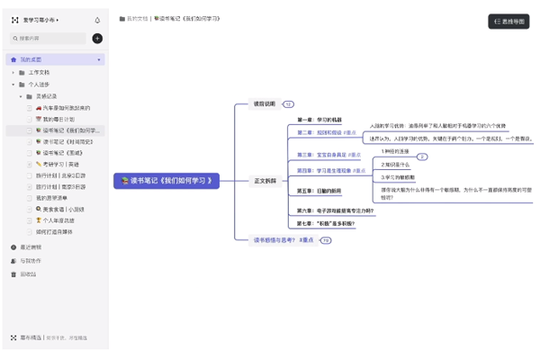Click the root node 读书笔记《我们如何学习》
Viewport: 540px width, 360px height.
(166, 181)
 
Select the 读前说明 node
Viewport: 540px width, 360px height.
(265, 103)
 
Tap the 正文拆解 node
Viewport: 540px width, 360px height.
(265, 181)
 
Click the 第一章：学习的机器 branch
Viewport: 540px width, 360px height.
(319, 120)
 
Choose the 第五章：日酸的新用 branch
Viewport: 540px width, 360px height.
(319, 191)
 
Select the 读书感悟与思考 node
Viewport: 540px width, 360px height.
(283, 240)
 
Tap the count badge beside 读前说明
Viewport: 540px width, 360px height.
(288, 104)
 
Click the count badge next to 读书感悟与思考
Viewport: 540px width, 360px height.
(326, 240)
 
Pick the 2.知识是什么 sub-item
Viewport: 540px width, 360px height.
(395, 165)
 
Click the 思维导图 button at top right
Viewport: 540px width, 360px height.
(508, 21)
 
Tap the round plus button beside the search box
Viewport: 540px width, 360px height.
(97, 39)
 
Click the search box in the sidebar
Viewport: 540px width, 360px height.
(49, 39)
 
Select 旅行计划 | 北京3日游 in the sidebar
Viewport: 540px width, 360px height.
(61, 175)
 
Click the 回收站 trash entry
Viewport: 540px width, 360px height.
(28, 274)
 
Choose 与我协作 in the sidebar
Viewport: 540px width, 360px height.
(31, 260)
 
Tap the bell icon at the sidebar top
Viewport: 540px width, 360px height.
(97, 19)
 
